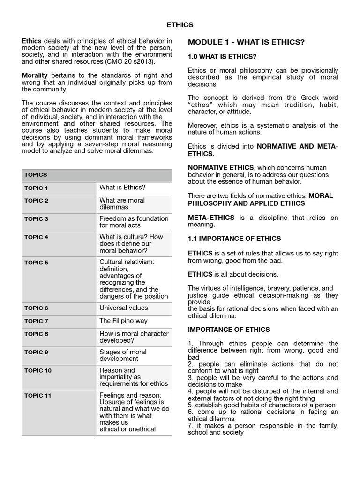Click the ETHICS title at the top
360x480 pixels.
[x=180, y=25]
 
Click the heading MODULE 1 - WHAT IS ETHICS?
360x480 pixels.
[x=246, y=42]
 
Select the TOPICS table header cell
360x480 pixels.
[x=36, y=174]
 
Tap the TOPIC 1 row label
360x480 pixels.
[x=36, y=188]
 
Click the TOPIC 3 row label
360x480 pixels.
[x=36, y=219]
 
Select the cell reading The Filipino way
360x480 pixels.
[x=123, y=321]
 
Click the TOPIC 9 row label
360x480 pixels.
[x=36, y=352]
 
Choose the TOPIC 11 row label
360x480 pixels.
[x=37, y=396]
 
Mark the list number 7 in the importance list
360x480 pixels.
[x=190, y=426]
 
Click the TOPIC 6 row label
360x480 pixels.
[x=36, y=308]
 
